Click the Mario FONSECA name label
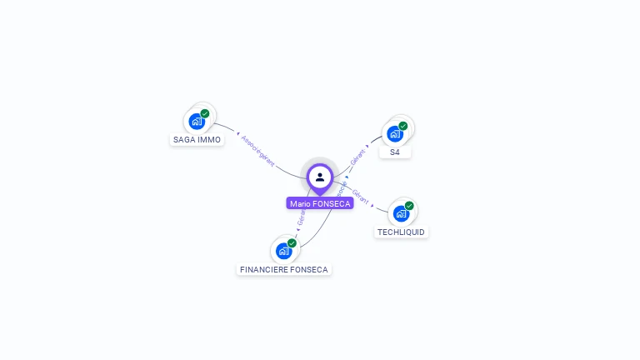(320, 203)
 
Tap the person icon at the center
(320, 177)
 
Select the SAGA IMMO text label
(197, 140)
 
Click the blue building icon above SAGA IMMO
(197, 122)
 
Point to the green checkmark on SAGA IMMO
(205, 113)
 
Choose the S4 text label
(395, 152)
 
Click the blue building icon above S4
(395, 134)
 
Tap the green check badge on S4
(403, 126)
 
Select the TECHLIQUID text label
(401, 232)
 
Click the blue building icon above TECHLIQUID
(401, 214)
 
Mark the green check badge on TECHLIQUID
(409, 206)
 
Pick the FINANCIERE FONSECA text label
(284, 270)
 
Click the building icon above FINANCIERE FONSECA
(283, 251)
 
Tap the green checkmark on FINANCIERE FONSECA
(292, 243)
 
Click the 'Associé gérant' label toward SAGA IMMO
(257, 150)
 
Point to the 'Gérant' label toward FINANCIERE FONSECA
(302, 217)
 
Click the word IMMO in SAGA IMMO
(210, 140)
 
